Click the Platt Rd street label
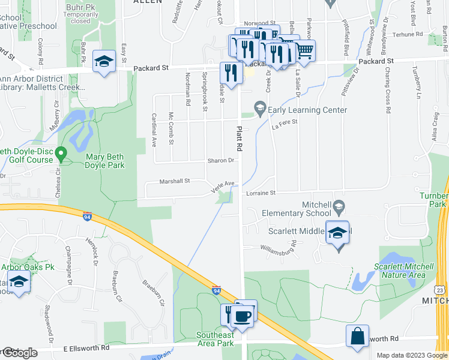click(239, 137)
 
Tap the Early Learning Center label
click(307, 110)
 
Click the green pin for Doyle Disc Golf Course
click(60, 155)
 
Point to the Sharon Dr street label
click(220, 161)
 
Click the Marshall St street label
click(174, 181)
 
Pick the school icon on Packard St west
click(104, 61)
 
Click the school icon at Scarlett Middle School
click(337, 233)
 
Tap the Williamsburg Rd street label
click(279, 247)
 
